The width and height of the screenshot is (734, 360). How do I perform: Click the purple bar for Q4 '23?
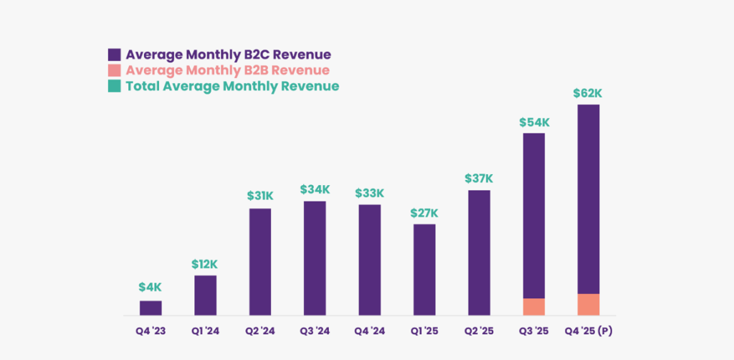click(x=151, y=308)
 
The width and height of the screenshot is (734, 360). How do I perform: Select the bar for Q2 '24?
click(x=260, y=262)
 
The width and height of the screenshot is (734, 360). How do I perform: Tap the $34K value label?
click(x=315, y=189)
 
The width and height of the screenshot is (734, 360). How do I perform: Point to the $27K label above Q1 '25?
click(x=424, y=213)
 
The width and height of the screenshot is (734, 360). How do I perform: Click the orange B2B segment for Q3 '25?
click(x=534, y=307)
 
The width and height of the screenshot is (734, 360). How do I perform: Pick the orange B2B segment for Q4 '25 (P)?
click(x=588, y=305)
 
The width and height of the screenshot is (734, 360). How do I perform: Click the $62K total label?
click(x=588, y=93)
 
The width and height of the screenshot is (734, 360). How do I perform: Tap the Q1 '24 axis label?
click(x=205, y=331)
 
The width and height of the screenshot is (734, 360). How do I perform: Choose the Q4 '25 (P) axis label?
click(x=588, y=331)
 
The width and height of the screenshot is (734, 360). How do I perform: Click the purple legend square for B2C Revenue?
click(x=114, y=55)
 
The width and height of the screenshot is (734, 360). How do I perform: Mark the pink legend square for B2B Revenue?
click(x=114, y=70)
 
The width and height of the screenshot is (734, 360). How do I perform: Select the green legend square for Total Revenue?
click(x=114, y=86)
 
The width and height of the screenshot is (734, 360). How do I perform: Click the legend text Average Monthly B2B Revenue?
click(x=227, y=70)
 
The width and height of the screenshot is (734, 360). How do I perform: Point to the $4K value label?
click(x=151, y=288)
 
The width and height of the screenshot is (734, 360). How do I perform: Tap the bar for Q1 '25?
click(x=424, y=270)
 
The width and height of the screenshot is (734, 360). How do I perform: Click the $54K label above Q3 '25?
click(x=534, y=122)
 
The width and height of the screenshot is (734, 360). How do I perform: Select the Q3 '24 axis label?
click(x=315, y=331)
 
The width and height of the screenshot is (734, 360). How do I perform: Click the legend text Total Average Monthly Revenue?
click(x=232, y=86)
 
